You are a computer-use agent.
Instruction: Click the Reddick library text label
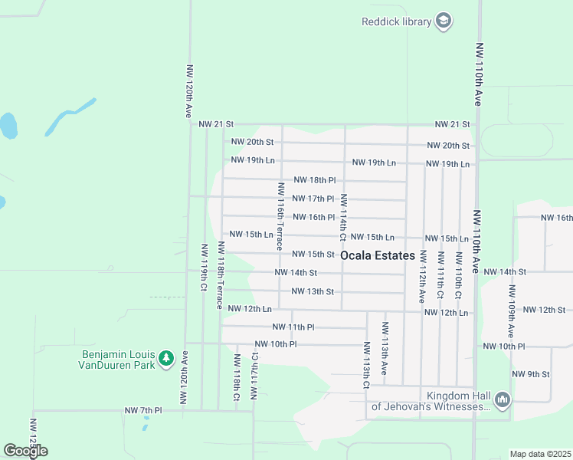[397, 21]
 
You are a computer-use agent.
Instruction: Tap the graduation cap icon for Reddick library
[444, 21]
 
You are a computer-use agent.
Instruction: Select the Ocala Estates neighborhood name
[378, 255]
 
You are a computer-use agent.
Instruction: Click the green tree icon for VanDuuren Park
[166, 358]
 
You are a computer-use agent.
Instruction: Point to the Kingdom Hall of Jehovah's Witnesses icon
[503, 399]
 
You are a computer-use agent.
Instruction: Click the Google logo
[25, 451]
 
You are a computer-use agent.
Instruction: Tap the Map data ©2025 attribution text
[540, 454]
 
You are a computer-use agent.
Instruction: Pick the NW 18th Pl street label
[314, 180]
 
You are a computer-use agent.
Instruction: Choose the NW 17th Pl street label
[313, 199]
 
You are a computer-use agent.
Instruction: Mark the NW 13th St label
[313, 291]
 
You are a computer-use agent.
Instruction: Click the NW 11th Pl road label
[293, 327]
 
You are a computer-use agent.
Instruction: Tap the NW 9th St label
[531, 374]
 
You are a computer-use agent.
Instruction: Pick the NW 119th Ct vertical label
[204, 268]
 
